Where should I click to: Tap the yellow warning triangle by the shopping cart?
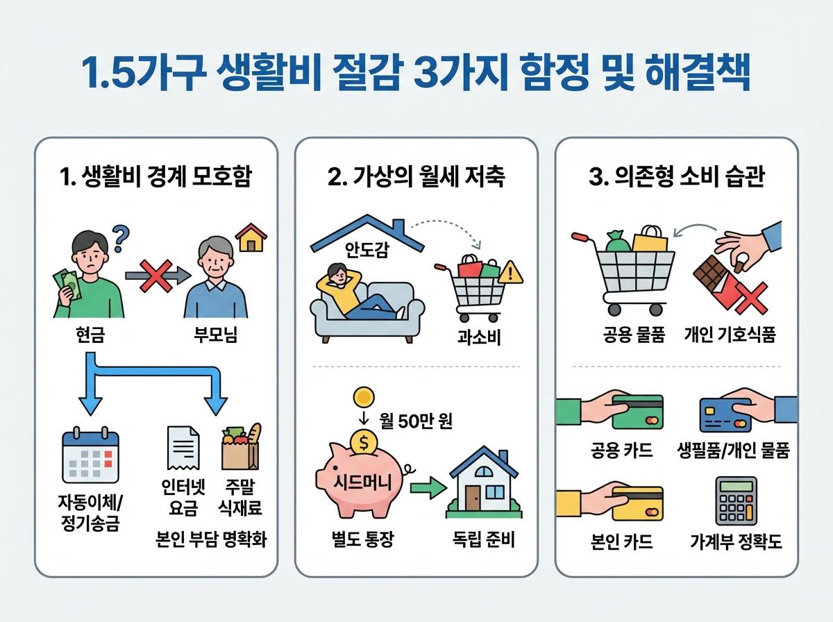[512, 273]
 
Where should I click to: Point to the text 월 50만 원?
[416, 421]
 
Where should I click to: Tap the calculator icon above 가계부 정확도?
[736, 501]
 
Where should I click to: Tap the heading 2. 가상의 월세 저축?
[416, 178]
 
